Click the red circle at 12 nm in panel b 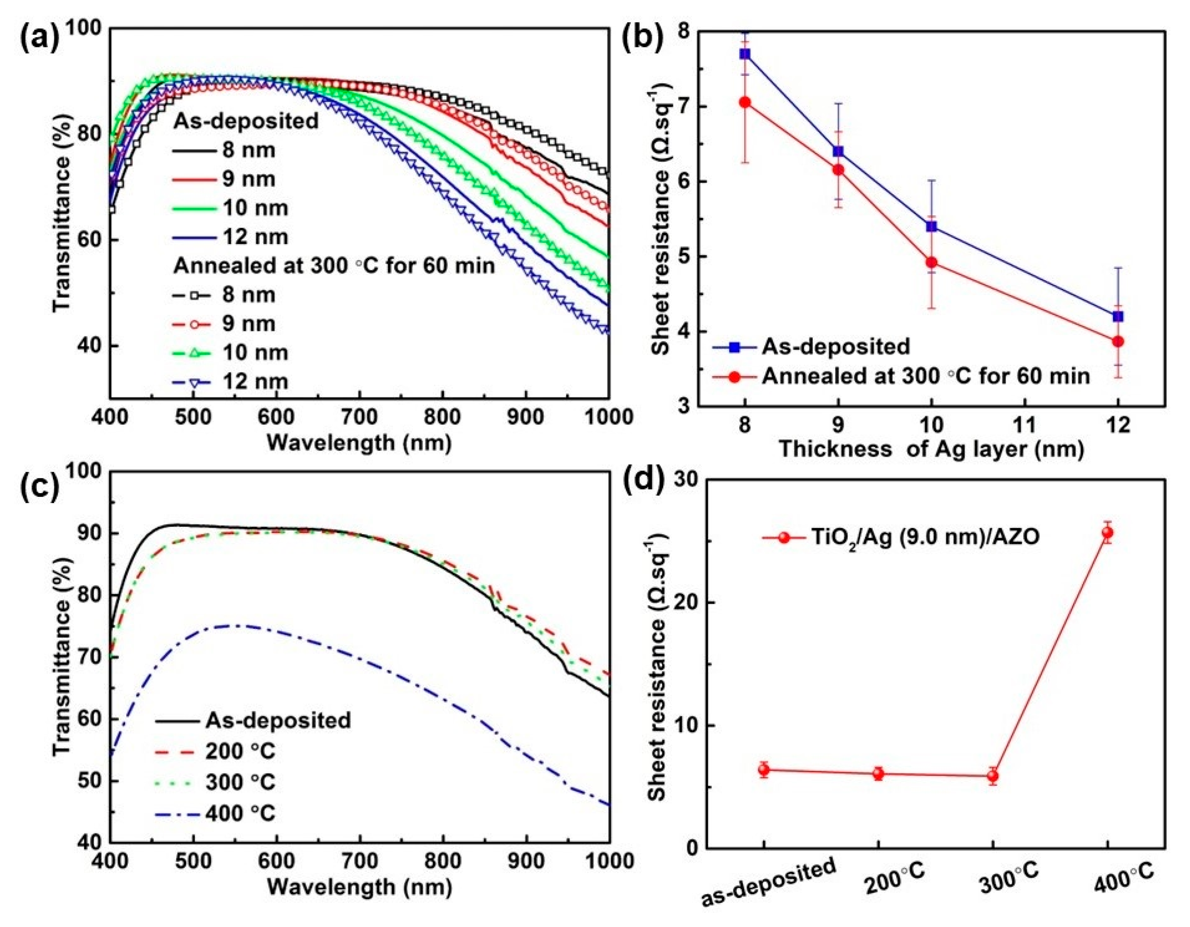pyautogui.click(x=1118, y=342)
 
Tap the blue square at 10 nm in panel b pyautogui.click(x=931, y=227)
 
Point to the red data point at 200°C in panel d pyautogui.click(x=878, y=774)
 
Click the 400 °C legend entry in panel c pyautogui.click(x=240, y=814)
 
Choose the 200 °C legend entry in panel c pyautogui.click(x=240, y=752)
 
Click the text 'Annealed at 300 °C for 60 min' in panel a pyautogui.click(x=334, y=266)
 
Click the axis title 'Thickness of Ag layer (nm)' pyautogui.click(x=931, y=449)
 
